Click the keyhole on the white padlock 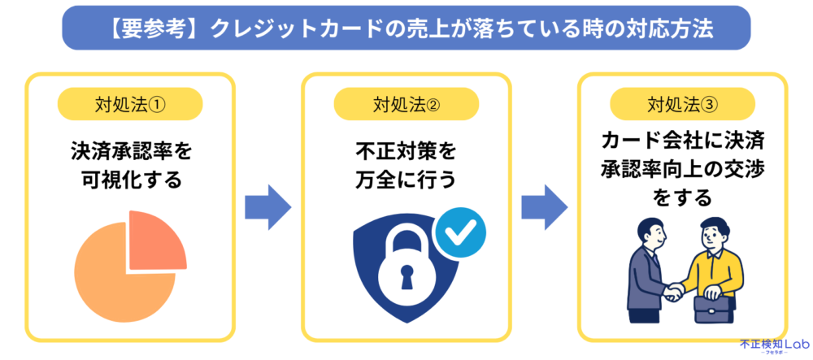pyautogui.click(x=404, y=280)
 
